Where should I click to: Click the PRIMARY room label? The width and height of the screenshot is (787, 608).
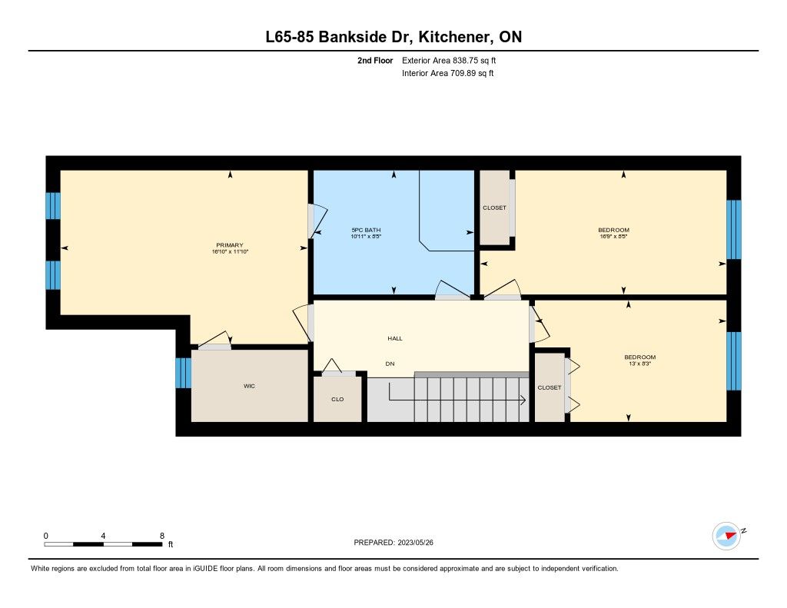(x=229, y=245)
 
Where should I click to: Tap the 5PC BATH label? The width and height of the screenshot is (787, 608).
(x=366, y=230)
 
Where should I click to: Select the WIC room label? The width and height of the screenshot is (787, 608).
(x=249, y=386)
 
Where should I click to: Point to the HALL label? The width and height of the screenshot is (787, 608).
(x=395, y=338)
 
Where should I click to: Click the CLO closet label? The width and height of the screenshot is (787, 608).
(x=337, y=399)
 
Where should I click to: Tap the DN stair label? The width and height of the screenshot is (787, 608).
(x=390, y=364)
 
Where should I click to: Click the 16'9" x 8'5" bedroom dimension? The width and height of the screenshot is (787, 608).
(x=614, y=236)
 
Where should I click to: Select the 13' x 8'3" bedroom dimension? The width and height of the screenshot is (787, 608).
(x=640, y=364)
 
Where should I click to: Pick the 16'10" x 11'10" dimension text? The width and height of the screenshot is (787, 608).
(x=230, y=251)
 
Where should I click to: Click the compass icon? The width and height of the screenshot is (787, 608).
(x=726, y=537)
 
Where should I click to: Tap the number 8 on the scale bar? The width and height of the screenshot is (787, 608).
(x=161, y=536)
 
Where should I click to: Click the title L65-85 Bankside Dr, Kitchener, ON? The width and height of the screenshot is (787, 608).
(x=393, y=37)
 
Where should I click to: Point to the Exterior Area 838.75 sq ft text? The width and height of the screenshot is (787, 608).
(x=449, y=60)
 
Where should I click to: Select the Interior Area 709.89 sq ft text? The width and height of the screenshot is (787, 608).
(x=448, y=73)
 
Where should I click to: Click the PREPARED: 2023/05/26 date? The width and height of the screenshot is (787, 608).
(x=393, y=542)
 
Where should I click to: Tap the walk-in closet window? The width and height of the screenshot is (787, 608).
(x=184, y=373)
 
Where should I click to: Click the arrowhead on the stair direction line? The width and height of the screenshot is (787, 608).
(x=523, y=400)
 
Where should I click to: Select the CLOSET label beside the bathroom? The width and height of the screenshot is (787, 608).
(x=494, y=208)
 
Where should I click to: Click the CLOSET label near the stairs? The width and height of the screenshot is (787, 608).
(x=549, y=387)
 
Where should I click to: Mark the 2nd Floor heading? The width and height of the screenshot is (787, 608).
(x=375, y=60)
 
